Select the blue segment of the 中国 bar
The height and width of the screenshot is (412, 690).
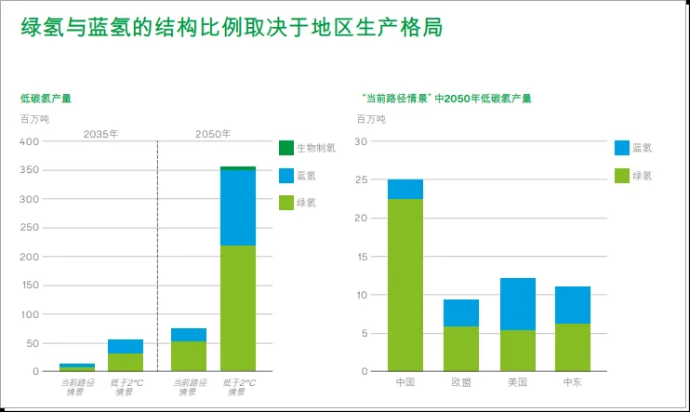click(x=405, y=189)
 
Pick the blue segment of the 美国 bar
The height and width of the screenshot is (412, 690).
click(x=517, y=304)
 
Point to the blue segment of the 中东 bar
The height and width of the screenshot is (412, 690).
click(x=573, y=305)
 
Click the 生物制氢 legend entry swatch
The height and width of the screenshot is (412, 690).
click(x=286, y=148)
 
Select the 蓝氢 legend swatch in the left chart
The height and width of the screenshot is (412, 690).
click(x=286, y=175)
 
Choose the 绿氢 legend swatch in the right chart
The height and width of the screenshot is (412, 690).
click(x=622, y=175)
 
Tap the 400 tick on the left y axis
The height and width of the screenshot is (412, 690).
click(x=30, y=141)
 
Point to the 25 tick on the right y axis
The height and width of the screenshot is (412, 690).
click(x=364, y=179)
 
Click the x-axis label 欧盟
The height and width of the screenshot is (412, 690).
click(x=460, y=382)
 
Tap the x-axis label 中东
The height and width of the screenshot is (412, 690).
click(x=573, y=382)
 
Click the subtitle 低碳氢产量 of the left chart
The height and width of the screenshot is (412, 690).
click(x=46, y=98)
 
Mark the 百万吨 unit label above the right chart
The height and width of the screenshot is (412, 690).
click(x=372, y=118)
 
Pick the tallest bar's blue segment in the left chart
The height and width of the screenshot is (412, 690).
click(x=238, y=207)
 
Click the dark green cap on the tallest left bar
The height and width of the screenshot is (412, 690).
click(x=238, y=168)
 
